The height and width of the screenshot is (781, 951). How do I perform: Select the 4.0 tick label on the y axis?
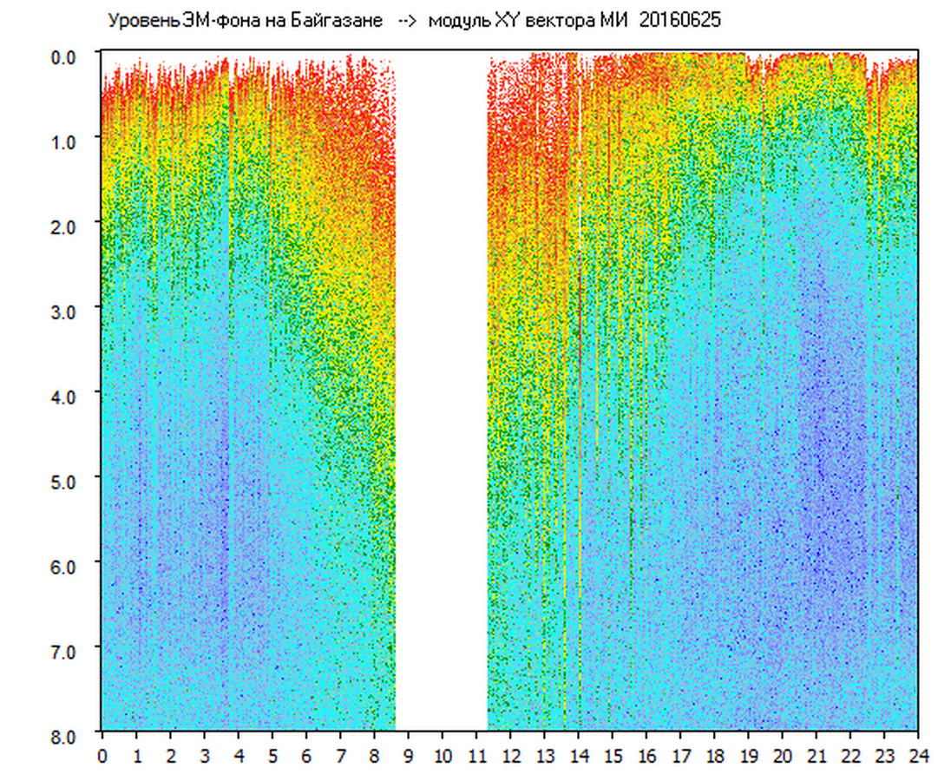66,396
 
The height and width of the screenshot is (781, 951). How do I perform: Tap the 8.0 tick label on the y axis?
66,735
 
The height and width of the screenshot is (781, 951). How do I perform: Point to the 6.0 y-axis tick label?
66,565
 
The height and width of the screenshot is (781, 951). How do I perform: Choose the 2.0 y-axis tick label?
66,226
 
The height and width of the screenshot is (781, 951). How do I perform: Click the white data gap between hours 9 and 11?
441,390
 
